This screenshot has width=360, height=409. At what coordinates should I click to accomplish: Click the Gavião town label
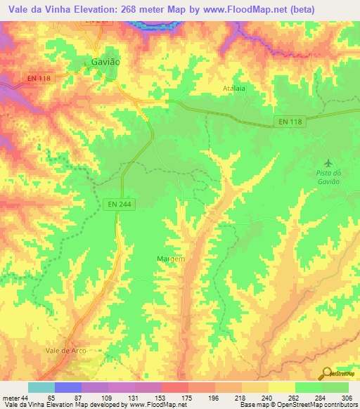106,62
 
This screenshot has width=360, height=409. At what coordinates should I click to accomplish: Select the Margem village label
170,259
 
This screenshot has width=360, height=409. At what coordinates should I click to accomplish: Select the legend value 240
268,398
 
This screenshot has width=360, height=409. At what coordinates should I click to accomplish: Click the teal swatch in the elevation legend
41,388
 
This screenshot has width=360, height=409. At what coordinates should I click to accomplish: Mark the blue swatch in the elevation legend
67,388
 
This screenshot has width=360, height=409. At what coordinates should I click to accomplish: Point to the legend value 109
107,398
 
